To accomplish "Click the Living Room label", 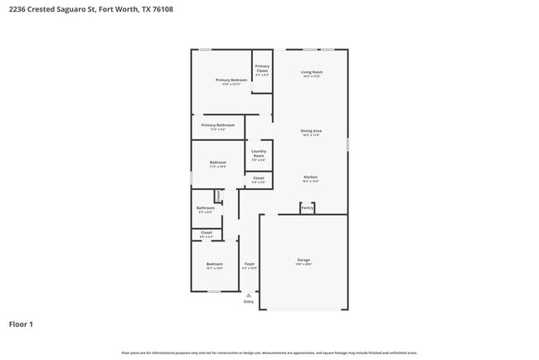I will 312,73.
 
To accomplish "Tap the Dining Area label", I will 311,131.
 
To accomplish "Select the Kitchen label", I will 310,178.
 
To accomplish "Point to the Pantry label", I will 307,208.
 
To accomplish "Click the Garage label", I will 303,260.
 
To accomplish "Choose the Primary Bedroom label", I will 231,80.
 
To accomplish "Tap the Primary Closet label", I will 262,69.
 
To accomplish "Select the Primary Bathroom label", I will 218,125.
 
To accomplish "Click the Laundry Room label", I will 259,153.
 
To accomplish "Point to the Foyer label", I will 249,265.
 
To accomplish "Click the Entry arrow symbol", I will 249,294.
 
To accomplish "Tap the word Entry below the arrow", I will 249,302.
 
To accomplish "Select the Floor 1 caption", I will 21,324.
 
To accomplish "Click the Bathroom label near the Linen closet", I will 205,208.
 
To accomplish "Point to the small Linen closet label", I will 218,196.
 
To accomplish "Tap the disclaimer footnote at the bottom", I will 269,353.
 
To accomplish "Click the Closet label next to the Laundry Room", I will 259,178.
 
